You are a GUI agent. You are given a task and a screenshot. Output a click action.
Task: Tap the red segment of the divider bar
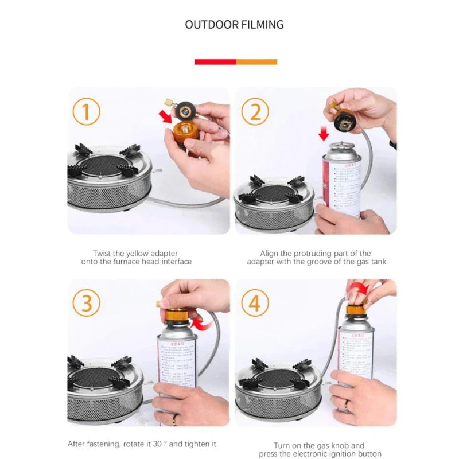(215, 61)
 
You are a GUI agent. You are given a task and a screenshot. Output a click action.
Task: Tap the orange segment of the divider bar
(256, 61)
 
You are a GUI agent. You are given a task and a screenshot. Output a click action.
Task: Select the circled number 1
(86, 112)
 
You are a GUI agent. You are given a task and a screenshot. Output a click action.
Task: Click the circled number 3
(86, 302)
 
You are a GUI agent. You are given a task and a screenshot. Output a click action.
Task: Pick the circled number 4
(255, 302)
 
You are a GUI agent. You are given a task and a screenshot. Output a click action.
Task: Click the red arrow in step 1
(166, 117)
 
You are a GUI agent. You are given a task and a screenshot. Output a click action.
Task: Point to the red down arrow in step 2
(324, 135)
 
